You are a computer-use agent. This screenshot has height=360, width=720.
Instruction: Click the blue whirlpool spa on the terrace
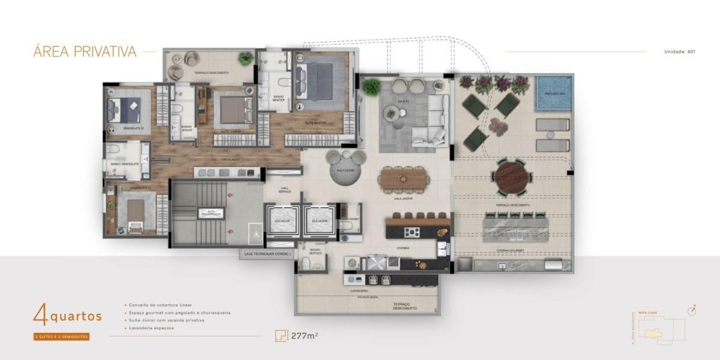pos(554,93)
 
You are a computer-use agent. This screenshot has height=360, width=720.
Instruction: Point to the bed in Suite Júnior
pos(233,109)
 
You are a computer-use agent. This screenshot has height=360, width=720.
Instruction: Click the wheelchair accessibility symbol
pos(254,235)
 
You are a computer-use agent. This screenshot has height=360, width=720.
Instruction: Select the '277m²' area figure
pos(304,335)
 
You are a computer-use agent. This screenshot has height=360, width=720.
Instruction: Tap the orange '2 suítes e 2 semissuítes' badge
pos(61,337)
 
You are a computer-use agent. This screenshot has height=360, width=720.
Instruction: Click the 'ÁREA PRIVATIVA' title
pos(85,52)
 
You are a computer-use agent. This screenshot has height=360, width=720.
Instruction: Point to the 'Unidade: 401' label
pos(679,52)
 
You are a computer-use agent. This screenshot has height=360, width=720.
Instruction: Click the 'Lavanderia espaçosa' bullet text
pos(149,328)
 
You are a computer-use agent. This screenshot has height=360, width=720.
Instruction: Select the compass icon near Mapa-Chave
pos(691,310)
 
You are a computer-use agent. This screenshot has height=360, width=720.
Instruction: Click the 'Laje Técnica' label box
pos(268,254)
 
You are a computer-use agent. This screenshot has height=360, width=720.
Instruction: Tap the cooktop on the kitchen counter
pos(413,232)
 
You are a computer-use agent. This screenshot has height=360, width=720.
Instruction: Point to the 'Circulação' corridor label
pos(230,160)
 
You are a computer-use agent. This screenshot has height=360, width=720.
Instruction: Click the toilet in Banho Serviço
pos(307,264)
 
